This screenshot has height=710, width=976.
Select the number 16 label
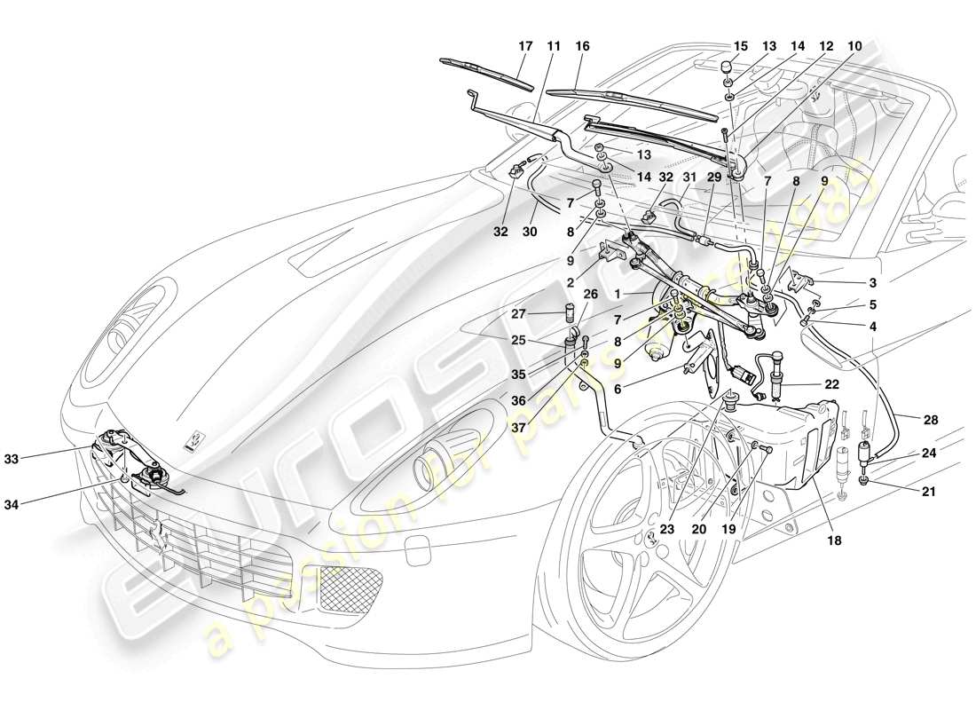(x=582, y=46)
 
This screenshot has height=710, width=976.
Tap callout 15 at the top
(x=741, y=46)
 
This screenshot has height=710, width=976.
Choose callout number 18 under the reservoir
(x=835, y=538)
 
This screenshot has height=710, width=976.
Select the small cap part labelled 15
(x=725, y=66)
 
